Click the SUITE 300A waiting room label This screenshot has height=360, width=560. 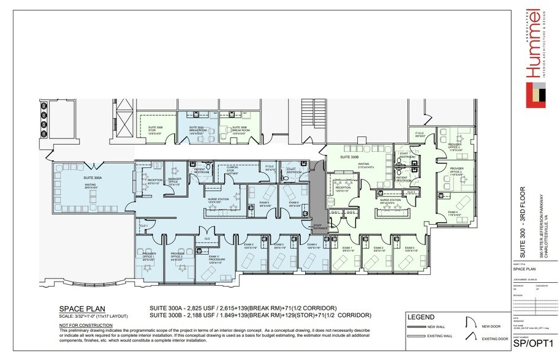[93, 178]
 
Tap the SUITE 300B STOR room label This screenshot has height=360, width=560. [156, 130]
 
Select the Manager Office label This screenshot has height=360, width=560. [174, 181]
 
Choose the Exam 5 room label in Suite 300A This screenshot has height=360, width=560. [265, 203]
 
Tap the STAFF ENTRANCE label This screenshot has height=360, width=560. [319, 227]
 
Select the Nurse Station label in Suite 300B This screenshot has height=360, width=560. [390, 200]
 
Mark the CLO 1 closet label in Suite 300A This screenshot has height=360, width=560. [144, 226]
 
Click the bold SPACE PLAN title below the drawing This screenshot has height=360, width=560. [81, 309]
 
